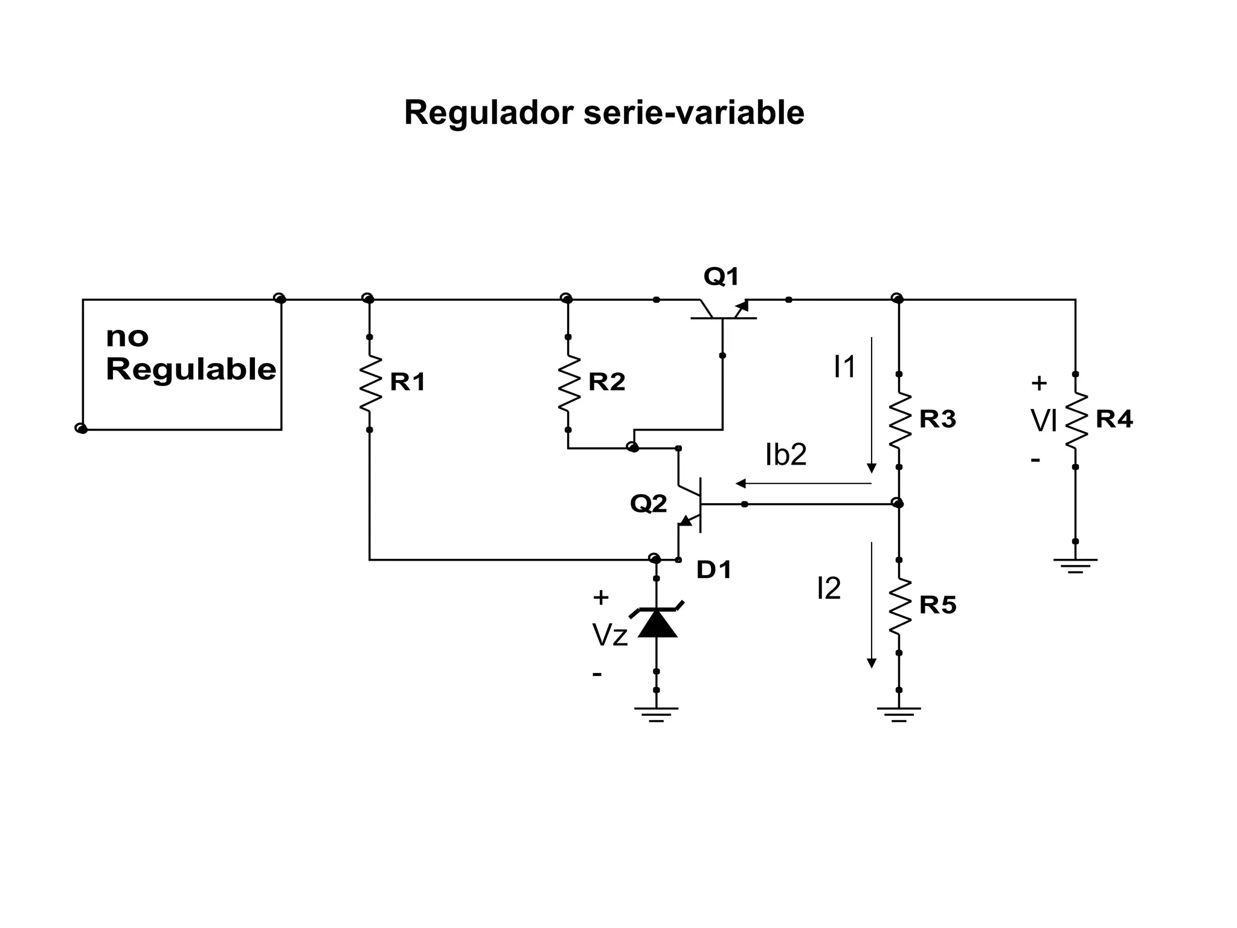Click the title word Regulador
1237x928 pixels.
[488, 113]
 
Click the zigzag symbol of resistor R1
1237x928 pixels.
[370, 383]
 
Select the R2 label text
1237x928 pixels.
[606, 382]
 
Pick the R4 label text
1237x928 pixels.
[1114, 419]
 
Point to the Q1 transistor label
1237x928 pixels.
[721, 277]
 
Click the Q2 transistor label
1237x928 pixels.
[648, 503]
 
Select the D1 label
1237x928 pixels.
[713, 570]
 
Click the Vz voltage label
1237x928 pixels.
[609, 636]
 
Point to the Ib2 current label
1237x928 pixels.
[785, 455]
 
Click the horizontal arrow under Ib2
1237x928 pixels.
[803, 483]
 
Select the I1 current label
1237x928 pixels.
[844, 367]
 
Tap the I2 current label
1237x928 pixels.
[828, 588]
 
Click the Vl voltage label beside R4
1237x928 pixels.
[1043, 421]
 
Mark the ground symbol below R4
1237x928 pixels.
[1075, 565]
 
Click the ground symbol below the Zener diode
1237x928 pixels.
[656, 714]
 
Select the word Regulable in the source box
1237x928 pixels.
[191, 369]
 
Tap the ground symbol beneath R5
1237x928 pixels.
[899, 714]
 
